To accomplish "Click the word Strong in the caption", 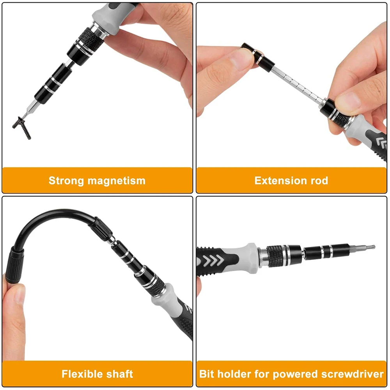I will click(x=66, y=181).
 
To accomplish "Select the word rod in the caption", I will click(x=317, y=181).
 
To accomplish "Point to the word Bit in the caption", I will click(x=207, y=374).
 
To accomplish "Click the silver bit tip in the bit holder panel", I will click(x=365, y=247).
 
